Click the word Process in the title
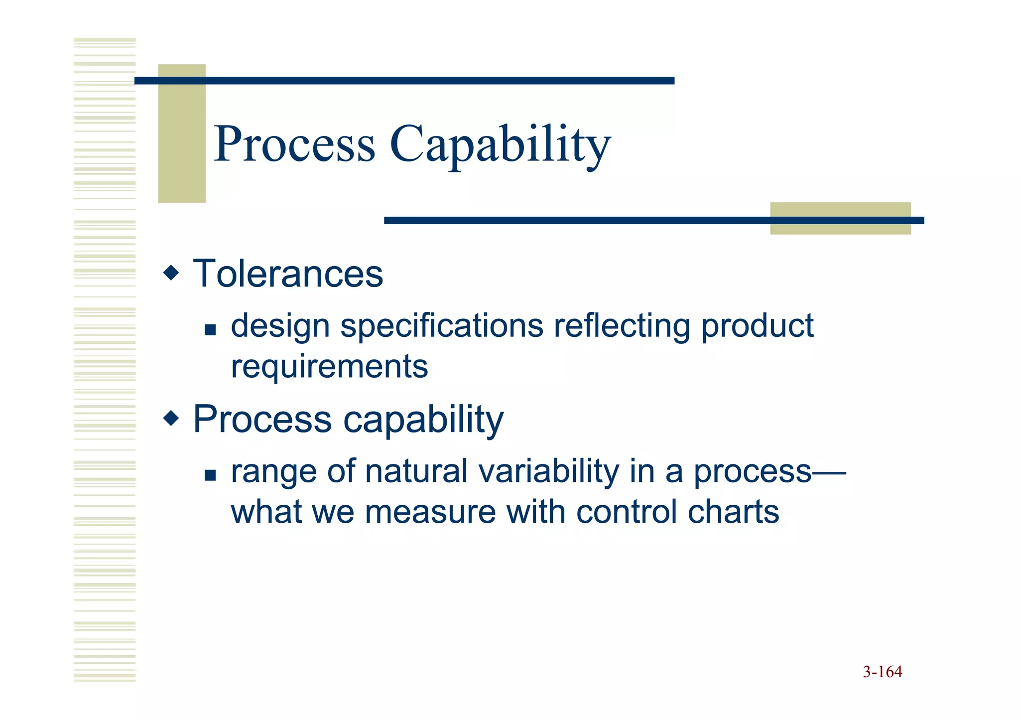294,144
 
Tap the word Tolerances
288,274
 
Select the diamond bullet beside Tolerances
171,273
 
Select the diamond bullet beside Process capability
171,418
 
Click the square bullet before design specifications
210,330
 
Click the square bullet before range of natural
210,475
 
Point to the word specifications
441,327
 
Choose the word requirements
329,367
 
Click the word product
757,327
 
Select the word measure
430,512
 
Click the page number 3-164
882,672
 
